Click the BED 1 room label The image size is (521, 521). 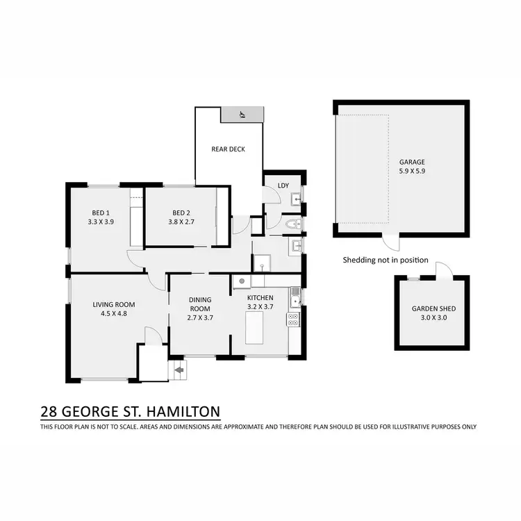(x=101, y=213)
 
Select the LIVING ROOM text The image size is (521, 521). (x=114, y=304)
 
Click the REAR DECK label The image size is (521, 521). (x=228, y=149)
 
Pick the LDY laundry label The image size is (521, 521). (x=283, y=185)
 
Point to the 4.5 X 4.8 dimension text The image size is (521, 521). (x=114, y=313)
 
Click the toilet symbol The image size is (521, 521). (x=292, y=224)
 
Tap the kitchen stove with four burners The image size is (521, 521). (x=293, y=320)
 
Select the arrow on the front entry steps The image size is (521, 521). (x=179, y=370)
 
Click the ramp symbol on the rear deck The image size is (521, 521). (x=242, y=115)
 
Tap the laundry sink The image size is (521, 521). (x=295, y=200)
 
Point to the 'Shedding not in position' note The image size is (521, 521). (x=386, y=260)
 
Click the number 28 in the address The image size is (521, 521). (x=49, y=411)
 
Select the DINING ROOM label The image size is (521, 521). (x=199, y=304)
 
